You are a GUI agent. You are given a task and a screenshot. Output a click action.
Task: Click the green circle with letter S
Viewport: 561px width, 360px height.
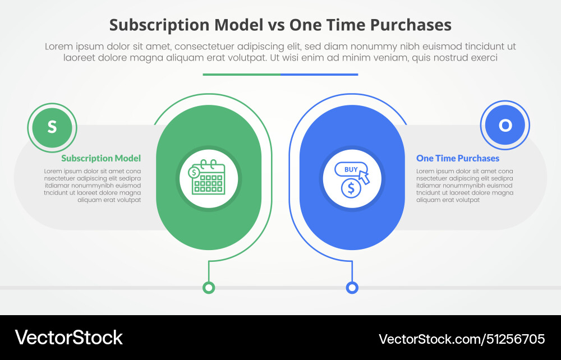pyautogui.click(x=52, y=127)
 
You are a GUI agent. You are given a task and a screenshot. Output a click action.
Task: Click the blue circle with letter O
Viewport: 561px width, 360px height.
pyautogui.click(x=505, y=126)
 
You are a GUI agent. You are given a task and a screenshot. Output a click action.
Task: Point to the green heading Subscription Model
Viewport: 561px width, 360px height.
pyautogui.click(x=101, y=159)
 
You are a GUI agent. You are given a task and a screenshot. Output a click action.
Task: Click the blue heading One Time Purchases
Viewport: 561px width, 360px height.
pyautogui.click(x=458, y=159)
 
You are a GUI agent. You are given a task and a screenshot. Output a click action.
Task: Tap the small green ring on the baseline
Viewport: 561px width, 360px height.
pyautogui.click(x=209, y=288)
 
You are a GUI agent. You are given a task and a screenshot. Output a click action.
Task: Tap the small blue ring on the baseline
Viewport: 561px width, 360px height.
pyautogui.click(x=352, y=288)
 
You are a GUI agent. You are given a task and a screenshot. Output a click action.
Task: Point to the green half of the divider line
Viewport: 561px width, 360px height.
pyautogui.click(x=241, y=74)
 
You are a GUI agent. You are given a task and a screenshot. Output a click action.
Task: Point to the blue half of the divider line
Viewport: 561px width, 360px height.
pyautogui.click(x=319, y=74)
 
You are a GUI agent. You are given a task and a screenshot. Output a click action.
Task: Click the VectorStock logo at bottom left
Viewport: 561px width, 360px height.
pyautogui.click(x=68, y=338)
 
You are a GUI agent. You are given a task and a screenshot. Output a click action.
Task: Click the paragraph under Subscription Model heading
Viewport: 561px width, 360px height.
pyautogui.click(x=93, y=186)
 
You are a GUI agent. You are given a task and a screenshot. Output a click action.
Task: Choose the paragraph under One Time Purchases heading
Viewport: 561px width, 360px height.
pyautogui.click(x=465, y=186)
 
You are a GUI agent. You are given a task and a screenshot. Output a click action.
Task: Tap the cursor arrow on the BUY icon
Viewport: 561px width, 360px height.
pyautogui.click(x=364, y=177)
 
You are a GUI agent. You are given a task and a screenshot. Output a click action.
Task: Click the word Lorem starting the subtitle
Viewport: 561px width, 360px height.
pyautogui.click(x=58, y=47)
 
